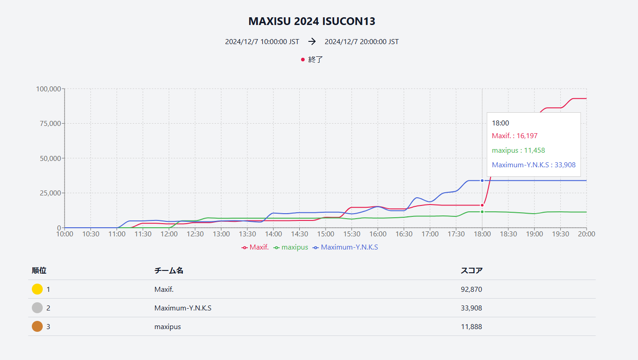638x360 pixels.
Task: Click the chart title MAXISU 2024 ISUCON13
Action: coord(311,21)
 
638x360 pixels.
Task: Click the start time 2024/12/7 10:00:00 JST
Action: coord(262,42)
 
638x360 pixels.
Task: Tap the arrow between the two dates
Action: coord(312,42)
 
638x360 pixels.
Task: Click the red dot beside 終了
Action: coord(303,60)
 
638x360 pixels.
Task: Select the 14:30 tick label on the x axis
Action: coord(299,234)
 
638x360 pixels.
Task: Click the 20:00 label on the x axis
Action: coord(586,234)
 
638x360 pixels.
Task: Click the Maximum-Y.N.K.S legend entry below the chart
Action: coord(349,247)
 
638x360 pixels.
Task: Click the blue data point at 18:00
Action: coord(482,180)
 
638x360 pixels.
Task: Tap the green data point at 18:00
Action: coord(482,212)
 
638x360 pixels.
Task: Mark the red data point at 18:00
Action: coord(482,205)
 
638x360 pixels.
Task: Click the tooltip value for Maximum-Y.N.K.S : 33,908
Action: coord(533,165)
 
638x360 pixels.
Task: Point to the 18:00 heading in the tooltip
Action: coord(500,123)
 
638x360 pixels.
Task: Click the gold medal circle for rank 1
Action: coord(37,289)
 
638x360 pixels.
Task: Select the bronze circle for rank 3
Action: coord(37,326)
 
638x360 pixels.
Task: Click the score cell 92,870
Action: coord(471,289)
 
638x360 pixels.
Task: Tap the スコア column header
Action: coord(472,270)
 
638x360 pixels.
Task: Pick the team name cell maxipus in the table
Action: coord(167,326)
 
